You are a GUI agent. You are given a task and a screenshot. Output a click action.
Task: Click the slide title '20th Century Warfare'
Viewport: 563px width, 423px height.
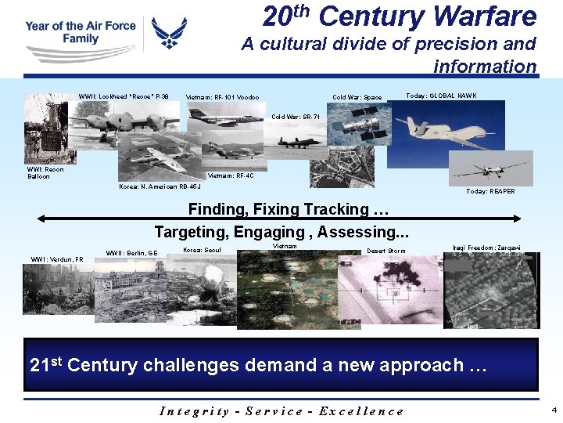[x=400, y=16]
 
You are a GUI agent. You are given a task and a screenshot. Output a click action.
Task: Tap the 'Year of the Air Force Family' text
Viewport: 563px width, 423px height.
[x=80, y=32]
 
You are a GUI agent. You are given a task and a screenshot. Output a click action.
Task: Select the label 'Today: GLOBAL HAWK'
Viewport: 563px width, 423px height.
[x=441, y=96]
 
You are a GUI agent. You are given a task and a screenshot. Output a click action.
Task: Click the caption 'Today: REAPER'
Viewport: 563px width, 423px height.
[x=490, y=192]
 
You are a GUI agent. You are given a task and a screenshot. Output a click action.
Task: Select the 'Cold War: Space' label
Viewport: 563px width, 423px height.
[x=357, y=98]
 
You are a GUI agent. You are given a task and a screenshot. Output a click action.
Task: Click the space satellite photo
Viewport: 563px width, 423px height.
[x=357, y=124]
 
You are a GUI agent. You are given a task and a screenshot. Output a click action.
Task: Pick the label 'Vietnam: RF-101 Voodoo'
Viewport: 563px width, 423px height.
[x=222, y=98]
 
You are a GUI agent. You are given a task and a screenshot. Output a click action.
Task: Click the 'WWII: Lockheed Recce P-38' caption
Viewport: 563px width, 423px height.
[x=123, y=97]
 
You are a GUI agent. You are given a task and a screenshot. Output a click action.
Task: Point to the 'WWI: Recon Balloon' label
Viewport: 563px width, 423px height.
[x=45, y=173]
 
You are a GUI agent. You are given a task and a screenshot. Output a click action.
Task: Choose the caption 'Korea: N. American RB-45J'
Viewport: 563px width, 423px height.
[x=160, y=187]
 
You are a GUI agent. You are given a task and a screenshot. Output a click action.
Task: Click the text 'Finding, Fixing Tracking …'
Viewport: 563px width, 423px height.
[x=289, y=210]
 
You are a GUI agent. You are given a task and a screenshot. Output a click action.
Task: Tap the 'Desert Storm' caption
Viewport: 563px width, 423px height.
[x=386, y=251]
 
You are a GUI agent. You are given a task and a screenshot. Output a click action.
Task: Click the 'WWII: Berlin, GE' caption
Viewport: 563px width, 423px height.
[x=131, y=253]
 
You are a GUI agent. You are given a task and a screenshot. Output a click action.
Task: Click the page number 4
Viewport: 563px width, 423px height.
[x=554, y=410]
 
